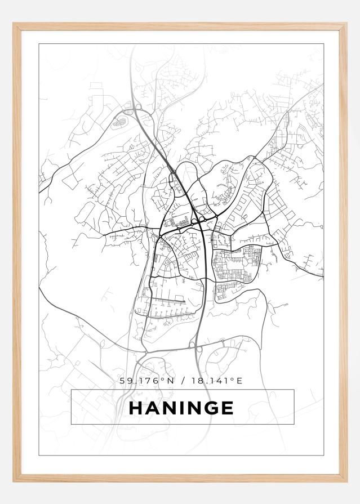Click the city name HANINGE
[181, 407]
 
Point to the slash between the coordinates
[183, 381]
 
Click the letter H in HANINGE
[136, 407]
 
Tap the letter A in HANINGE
[152, 407]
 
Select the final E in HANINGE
[226, 407]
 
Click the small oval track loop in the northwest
[119, 121]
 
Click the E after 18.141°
[239, 381]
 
